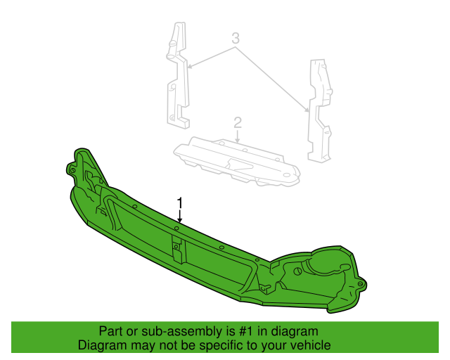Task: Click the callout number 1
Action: (x=180, y=202)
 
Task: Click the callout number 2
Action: (x=238, y=122)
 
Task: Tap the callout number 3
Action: (x=236, y=38)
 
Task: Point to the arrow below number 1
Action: (x=180, y=216)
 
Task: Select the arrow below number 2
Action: (x=238, y=136)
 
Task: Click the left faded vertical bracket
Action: (x=178, y=75)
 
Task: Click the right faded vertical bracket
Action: (x=320, y=110)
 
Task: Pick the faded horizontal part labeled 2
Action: (x=237, y=161)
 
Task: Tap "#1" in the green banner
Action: (x=245, y=331)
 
